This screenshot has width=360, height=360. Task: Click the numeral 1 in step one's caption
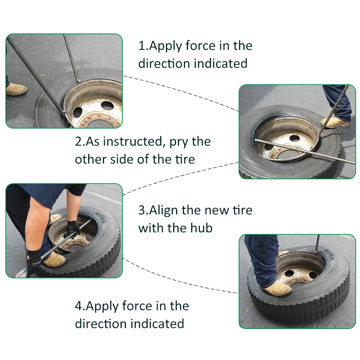click(x=141, y=46)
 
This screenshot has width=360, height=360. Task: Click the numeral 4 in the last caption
click(x=79, y=306)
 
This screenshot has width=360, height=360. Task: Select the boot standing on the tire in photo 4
click(x=278, y=288)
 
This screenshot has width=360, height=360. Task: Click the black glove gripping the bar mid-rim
click(x=73, y=229)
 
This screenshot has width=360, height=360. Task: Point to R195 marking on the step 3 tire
click(x=100, y=217)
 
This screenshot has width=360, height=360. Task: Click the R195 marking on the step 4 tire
click(x=329, y=255)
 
